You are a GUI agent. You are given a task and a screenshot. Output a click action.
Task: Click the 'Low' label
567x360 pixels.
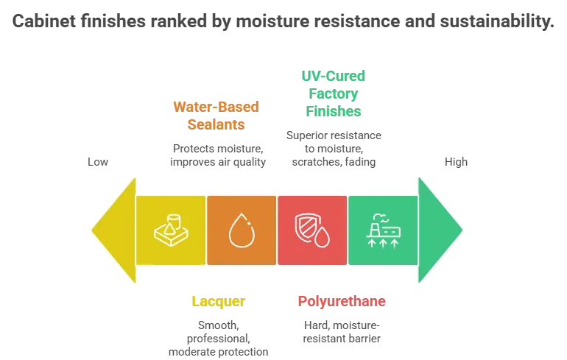(98, 161)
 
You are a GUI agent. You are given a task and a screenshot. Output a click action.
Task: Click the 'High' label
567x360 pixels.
(456, 161)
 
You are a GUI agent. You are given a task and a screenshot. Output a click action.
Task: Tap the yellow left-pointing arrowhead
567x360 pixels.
(114, 230)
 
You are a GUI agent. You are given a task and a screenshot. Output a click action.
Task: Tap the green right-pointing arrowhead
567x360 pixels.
(440, 230)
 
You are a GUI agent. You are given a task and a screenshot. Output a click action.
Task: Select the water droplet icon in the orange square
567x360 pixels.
(242, 230)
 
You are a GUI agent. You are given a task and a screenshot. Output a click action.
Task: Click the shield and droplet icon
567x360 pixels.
(312, 230)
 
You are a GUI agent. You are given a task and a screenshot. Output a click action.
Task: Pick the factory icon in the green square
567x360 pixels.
(383, 230)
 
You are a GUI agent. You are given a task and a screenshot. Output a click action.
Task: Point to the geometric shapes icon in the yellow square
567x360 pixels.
(171, 230)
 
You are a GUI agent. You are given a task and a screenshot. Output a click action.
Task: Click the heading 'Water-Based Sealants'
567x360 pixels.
(216, 116)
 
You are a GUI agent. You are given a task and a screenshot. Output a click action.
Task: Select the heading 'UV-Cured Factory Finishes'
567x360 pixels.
(334, 93)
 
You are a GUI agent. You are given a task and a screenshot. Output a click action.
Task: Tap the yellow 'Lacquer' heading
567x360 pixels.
(219, 301)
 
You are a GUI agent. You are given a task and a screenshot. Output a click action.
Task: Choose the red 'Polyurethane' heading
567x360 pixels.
(342, 301)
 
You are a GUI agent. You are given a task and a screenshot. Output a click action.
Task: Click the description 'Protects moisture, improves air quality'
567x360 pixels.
(218, 155)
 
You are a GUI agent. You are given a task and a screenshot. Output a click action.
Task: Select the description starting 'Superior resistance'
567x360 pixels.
(334, 149)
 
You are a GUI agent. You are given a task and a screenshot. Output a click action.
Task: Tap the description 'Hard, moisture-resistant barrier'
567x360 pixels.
(342, 332)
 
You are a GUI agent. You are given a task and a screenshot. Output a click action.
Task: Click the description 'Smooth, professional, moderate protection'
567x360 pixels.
(219, 339)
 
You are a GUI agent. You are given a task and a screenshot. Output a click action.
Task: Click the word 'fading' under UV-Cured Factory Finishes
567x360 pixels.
(360, 162)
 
